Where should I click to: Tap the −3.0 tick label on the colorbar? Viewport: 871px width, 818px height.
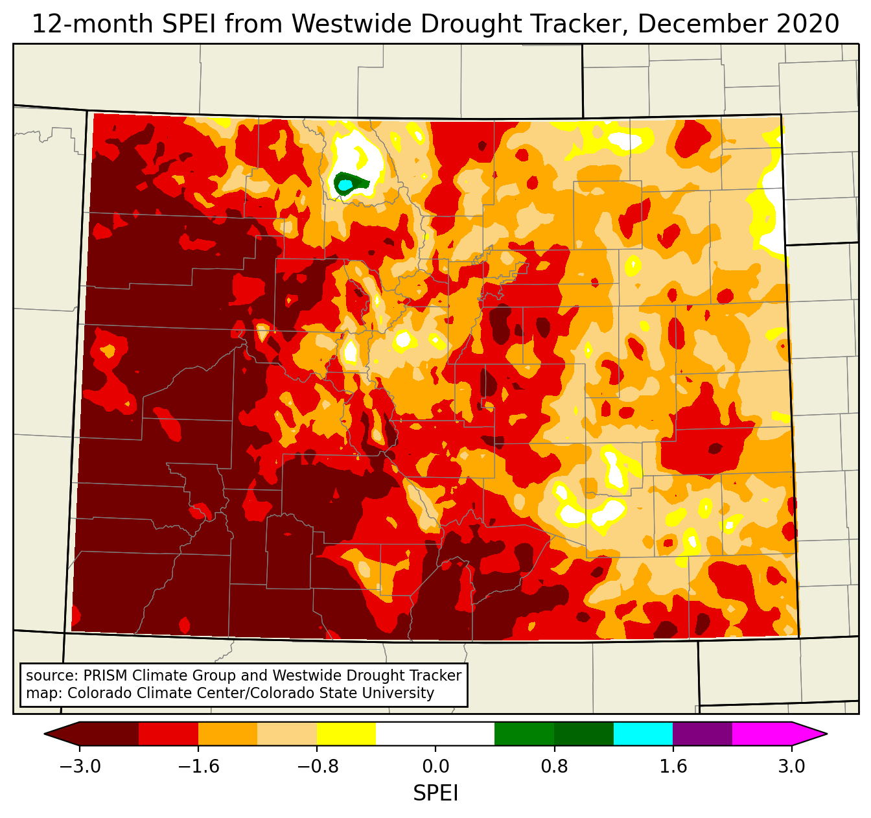[x=80, y=767]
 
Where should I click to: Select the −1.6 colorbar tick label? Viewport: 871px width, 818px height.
[x=198, y=767]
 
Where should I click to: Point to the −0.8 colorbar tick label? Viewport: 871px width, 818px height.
[x=317, y=767]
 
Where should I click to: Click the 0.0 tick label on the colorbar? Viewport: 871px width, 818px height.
[x=435, y=767]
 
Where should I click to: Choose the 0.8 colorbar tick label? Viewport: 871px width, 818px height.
[x=554, y=767]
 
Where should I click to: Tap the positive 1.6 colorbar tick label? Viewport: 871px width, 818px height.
[x=673, y=767]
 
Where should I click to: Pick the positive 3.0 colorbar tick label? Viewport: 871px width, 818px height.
[x=791, y=767]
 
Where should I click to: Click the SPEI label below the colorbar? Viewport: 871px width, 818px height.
[x=435, y=793]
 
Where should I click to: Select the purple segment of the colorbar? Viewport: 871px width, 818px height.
[x=703, y=734]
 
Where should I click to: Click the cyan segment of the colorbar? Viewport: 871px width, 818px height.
[x=643, y=734]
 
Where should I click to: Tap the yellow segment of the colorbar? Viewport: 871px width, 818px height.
[x=347, y=734]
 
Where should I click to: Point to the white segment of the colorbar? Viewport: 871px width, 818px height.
[x=435, y=734]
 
